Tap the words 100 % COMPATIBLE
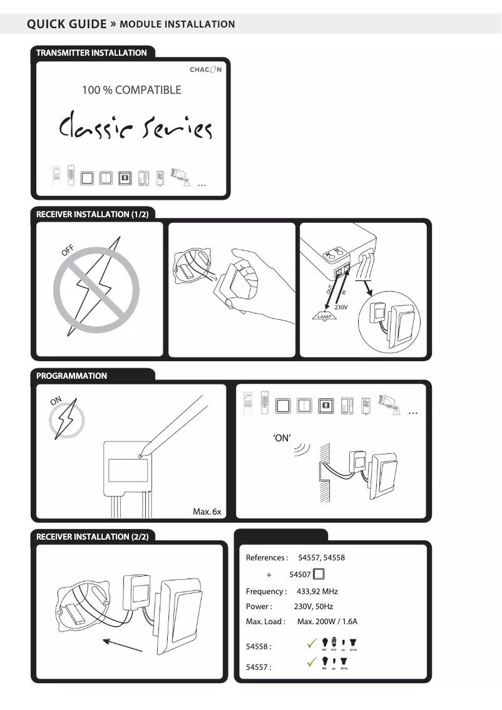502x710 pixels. pyautogui.click(x=131, y=90)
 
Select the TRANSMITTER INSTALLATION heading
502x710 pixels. pyautogui.click(x=91, y=53)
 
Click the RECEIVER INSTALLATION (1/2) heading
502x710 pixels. pyautogui.click(x=92, y=215)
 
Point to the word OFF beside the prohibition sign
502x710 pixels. pyautogui.click(x=68, y=250)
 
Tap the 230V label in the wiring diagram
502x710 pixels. pyautogui.click(x=341, y=307)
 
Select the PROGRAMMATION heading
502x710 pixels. pyautogui.click(x=71, y=376)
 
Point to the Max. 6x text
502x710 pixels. pyautogui.click(x=207, y=512)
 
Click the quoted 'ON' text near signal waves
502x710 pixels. pyautogui.click(x=282, y=438)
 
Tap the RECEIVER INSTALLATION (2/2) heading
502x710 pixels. pyautogui.click(x=92, y=537)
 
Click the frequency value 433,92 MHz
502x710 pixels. pyautogui.click(x=317, y=591)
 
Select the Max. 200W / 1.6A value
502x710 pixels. pyautogui.click(x=327, y=622)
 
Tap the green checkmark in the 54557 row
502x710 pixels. pyautogui.click(x=310, y=662)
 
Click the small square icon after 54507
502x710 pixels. pyautogui.click(x=319, y=574)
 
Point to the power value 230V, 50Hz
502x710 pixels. pyautogui.click(x=314, y=607)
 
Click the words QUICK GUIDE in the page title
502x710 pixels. pyautogui.click(x=67, y=24)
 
